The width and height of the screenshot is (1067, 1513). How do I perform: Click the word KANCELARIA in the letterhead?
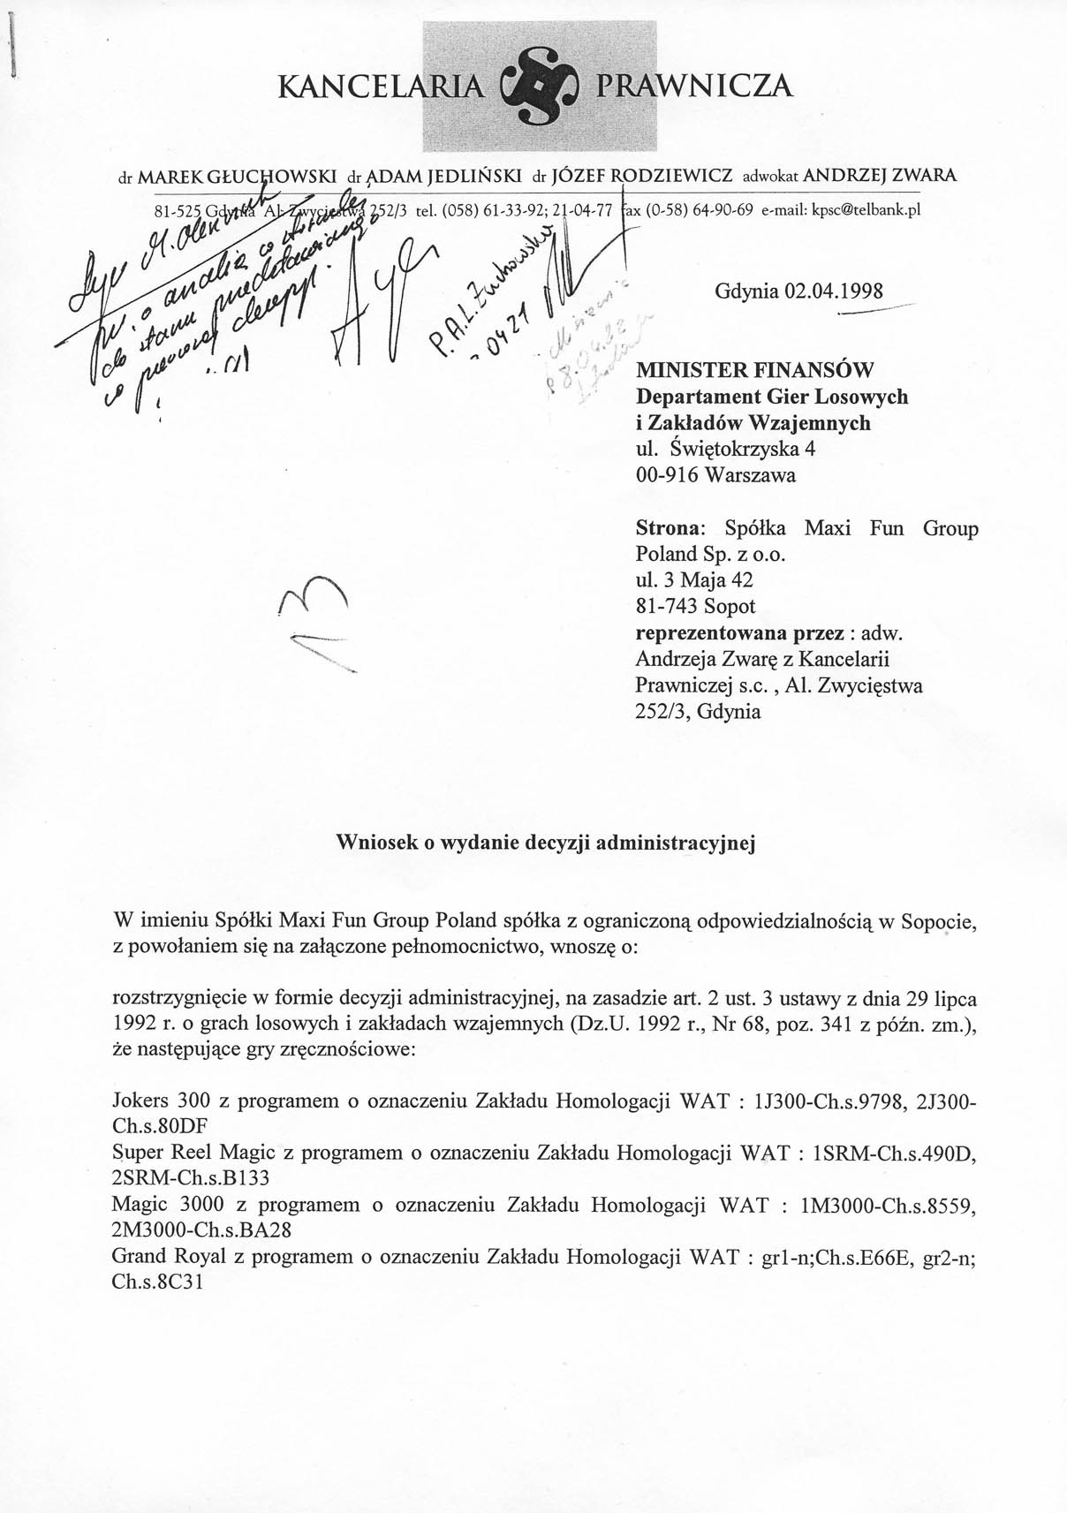tap(382, 87)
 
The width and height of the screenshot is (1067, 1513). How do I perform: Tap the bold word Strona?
tap(669, 529)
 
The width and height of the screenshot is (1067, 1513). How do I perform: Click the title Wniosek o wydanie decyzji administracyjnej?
tap(548, 843)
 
